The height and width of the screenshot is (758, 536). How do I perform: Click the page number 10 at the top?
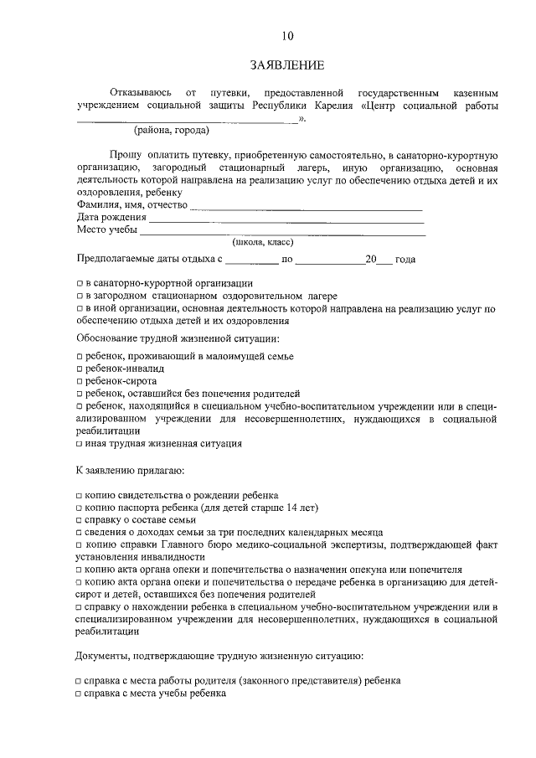click(x=287, y=35)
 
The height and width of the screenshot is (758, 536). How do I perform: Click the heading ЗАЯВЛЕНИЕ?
click(x=287, y=65)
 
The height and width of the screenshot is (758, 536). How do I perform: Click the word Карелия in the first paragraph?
click(x=333, y=106)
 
